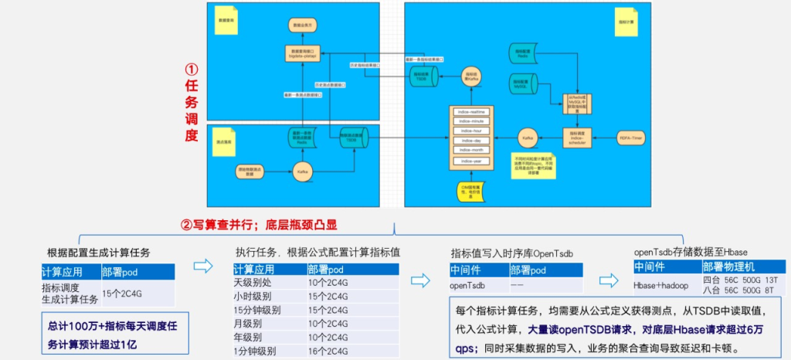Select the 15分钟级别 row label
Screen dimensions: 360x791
point(256,310)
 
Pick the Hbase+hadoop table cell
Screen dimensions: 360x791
point(656,285)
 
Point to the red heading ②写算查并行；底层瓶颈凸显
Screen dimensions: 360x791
point(259,226)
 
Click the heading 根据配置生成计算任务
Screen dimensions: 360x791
point(99,253)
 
